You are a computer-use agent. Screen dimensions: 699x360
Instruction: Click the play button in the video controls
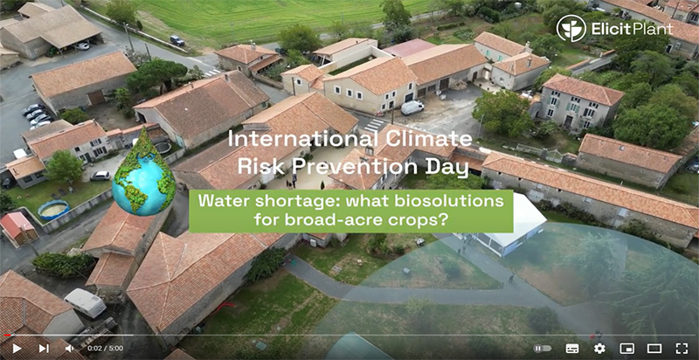click(17, 349)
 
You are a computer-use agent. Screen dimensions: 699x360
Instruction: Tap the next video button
click(44, 349)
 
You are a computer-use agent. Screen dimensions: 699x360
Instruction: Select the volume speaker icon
click(70, 349)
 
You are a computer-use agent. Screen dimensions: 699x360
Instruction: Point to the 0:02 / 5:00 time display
click(105, 349)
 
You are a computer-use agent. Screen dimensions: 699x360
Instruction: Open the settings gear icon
click(599, 349)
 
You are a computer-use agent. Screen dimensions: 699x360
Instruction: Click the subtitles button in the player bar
click(572, 349)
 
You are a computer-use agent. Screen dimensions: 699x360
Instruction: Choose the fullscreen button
click(682, 349)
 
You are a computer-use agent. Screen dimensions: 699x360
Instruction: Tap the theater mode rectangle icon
click(654, 349)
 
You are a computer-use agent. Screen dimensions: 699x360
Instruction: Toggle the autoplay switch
click(543, 349)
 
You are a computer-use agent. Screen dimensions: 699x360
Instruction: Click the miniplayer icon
click(626, 349)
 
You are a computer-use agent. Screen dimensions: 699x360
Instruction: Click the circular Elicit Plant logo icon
click(571, 29)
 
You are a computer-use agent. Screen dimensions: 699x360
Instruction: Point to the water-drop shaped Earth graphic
click(144, 172)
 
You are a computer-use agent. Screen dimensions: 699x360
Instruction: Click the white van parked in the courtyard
click(412, 107)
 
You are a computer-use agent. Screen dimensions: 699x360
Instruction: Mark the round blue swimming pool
click(53, 210)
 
